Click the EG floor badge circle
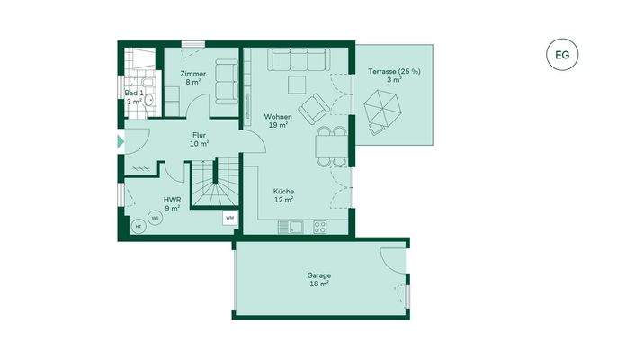[562, 55]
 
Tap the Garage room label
[318, 279]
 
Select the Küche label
[283, 195]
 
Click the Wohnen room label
[277, 121]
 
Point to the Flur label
[199, 139]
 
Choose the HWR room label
[172, 204]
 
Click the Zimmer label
[192, 77]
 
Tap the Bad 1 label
[134, 97]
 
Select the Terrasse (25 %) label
[394, 76]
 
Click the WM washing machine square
[230, 218]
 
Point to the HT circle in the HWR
[139, 227]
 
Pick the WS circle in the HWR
[156, 217]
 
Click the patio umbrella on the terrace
[382, 112]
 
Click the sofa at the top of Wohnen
[300, 60]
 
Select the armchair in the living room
[314, 109]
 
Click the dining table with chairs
[330, 146]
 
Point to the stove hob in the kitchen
[319, 227]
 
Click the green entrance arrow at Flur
[121, 142]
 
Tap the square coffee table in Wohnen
[296, 85]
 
